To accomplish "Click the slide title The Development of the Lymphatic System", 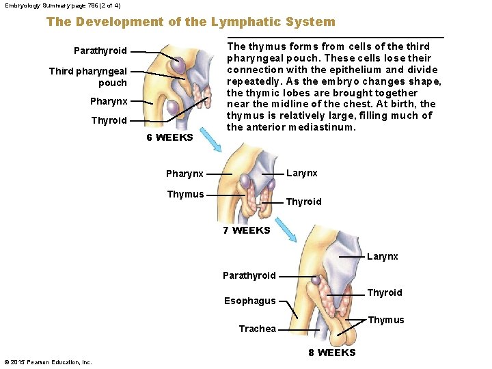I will coord(191,22).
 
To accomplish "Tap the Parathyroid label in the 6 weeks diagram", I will coord(100,51).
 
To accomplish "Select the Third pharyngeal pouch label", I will coord(88,77).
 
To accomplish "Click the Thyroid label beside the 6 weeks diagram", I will coord(109,120).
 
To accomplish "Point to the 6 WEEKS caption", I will coord(170,137).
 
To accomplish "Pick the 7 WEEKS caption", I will coord(247,230).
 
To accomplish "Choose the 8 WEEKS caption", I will coord(332,353).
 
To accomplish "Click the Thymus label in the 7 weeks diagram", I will coord(185,194).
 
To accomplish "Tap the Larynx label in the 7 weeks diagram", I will coord(301,173).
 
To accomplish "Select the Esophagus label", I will coord(250,301).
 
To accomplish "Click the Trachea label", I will coord(258,329).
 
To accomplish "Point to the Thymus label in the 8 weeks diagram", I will coord(386,320).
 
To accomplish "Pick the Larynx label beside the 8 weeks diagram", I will coord(382,256).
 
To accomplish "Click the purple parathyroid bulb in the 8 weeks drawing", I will coord(316,279).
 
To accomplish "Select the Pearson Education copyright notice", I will coord(48,361).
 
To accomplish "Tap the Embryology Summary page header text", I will coord(63,5).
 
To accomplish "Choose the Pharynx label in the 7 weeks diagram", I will coord(184,174).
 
